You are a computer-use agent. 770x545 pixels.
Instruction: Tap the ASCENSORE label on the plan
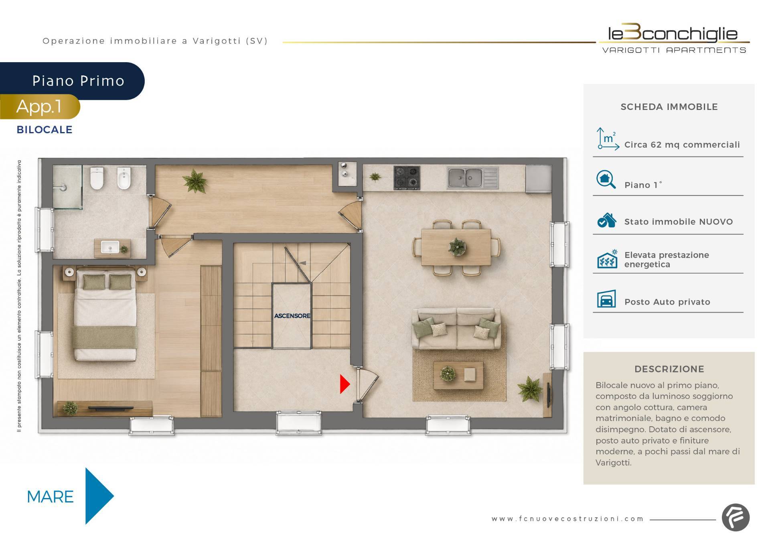point(292,316)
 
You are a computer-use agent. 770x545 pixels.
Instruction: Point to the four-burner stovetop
point(407,177)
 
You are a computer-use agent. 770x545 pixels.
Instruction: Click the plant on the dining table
point(457,246)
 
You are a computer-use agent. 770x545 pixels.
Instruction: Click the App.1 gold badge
point(40,107)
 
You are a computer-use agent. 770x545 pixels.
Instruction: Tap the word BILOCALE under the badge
point(45,130)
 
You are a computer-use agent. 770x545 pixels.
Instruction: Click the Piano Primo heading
point(79,81)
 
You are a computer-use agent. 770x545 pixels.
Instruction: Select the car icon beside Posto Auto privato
point(606,299)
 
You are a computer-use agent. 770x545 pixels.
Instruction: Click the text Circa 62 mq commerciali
point(682,144)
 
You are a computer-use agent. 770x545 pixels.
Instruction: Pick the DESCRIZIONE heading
point(669,369)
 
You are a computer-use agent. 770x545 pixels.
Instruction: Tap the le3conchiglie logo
point(674,39)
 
